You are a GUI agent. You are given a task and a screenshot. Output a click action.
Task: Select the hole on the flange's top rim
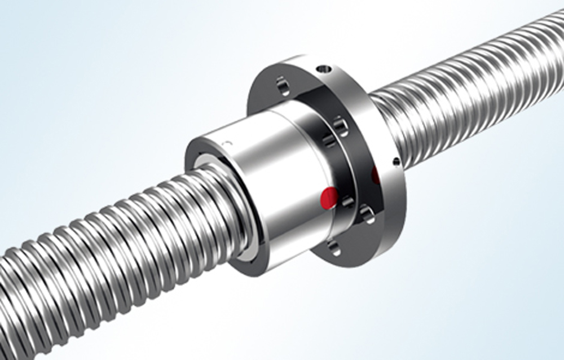coord(323,69)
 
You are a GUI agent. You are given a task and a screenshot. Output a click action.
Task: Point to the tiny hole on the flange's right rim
coord(396,163)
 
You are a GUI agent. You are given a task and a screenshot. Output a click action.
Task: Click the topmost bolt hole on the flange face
coord(283,86)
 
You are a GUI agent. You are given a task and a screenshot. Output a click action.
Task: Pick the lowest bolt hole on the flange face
coord(333,247)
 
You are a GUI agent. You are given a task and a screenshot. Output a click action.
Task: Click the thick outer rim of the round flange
coord(389,214)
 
